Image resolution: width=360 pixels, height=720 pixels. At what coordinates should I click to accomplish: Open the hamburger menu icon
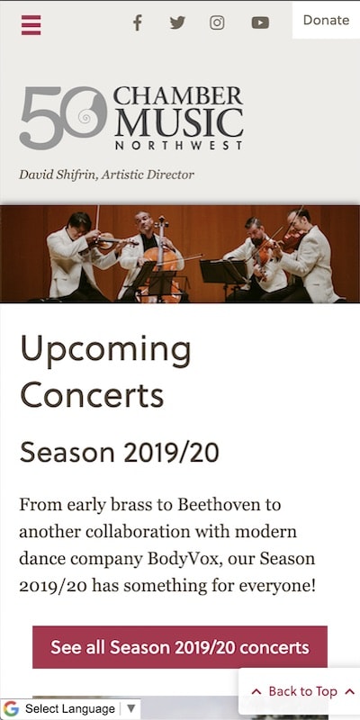[x=31, y=23]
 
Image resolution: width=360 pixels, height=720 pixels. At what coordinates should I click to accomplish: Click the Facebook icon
[x=138, y=22]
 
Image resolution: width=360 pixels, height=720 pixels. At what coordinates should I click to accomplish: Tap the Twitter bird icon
[x=177, y=22]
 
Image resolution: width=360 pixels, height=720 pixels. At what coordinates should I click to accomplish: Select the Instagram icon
[x=217, y=22]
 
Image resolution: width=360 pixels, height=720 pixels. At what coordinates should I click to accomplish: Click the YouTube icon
[x=260, y=22]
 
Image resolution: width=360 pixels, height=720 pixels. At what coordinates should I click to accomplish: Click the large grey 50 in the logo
[x=61, y=117]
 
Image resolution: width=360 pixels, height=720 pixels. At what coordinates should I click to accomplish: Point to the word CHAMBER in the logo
[x=178, y=95]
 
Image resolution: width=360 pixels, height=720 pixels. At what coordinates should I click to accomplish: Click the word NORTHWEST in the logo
[x=178, y=144]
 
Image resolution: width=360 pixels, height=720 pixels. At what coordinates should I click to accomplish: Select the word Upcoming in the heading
[x=105, y=350]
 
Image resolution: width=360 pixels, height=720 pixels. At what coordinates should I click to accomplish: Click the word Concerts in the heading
[x=92, y=394]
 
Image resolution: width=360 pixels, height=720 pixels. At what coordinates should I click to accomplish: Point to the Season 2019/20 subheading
[x=120, y=452]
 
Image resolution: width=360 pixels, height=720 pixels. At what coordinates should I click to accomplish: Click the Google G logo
[x=12, y=709]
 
